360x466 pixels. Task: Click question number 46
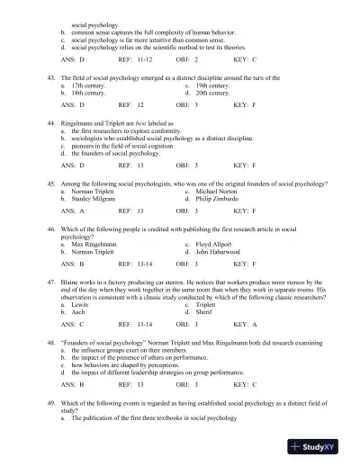click(x=51, y=229)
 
